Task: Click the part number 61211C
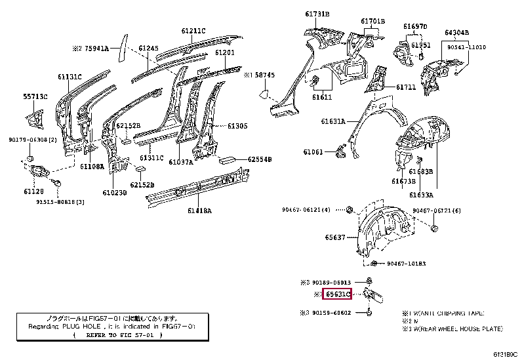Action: click(193, 31)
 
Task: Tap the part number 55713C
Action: click(36, 96)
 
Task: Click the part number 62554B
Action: click(260, 159)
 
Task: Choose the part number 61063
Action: click(313, 152)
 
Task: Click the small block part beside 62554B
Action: click(228, 159)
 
